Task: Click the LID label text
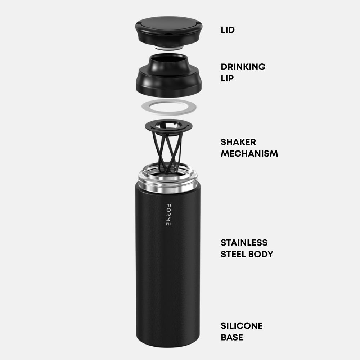(x=228, y=30)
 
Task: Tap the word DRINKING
(x=243, y=67)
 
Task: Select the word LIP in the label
(x=227, y=78)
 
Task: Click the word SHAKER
(x=238, y=142)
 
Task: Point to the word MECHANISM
(x=249, y=153)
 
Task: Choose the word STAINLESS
(x=244, y=242)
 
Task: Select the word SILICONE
(x=242, y=326)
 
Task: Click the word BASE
(x=231, y=337)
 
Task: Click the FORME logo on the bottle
(x=168, y=215)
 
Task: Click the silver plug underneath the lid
(x=168, y=48)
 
